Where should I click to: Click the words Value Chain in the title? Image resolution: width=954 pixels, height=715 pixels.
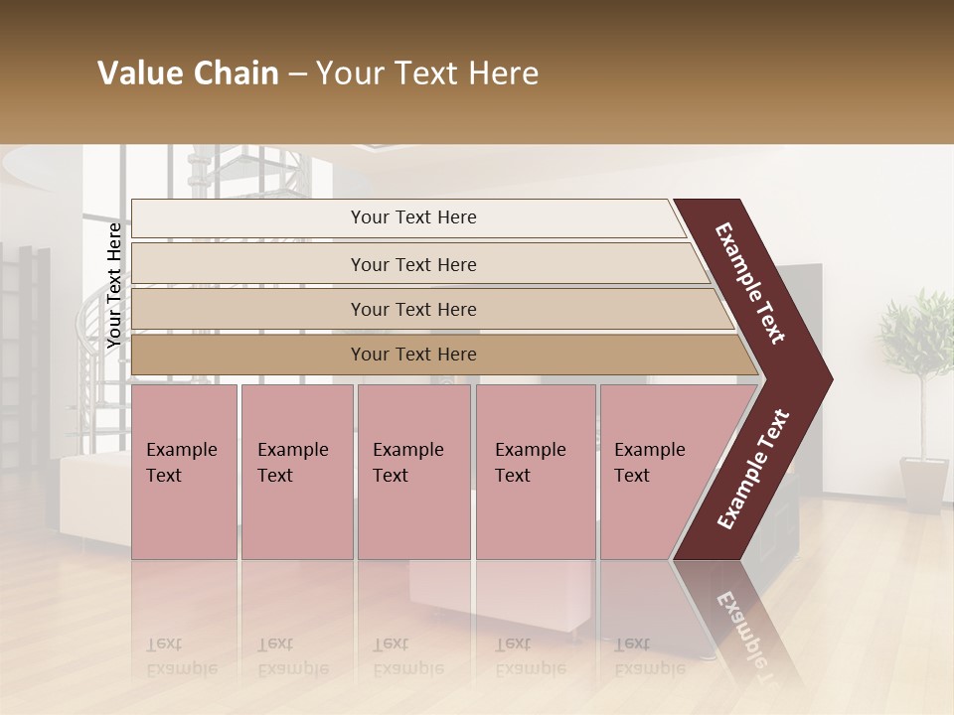pyautogui.click(x=188, y=73)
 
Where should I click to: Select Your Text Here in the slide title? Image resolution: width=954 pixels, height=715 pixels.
pyautogui.click(x=427, y=73)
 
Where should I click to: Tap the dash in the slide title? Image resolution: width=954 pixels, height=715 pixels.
pyautogui.click(x=297, y=74)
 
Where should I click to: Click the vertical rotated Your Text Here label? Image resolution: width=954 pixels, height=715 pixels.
pyautogui.click(x=114, y=285)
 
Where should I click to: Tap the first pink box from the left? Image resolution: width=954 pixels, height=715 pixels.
pyautogui.click(x=184, y=471)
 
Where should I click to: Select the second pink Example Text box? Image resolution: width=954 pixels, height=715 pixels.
pyautogui.click(x=296, y=471)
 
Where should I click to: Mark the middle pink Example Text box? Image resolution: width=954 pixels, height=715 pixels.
pyautogui.click(x=413, y=471)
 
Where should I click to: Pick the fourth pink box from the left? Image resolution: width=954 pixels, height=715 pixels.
pyautogui.click(x=535, y=471)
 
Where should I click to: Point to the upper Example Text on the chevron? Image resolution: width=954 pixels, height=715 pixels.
pyautogui.click(x=750, y=283)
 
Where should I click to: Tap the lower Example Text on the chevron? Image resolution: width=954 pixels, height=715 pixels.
pyautogui.click(x=753, y=469)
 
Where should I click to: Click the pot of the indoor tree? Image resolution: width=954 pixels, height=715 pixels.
pyautogui.click(x=923, y=485)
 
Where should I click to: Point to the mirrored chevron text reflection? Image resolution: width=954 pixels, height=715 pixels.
pyautogui.click(x=740, y=626)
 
